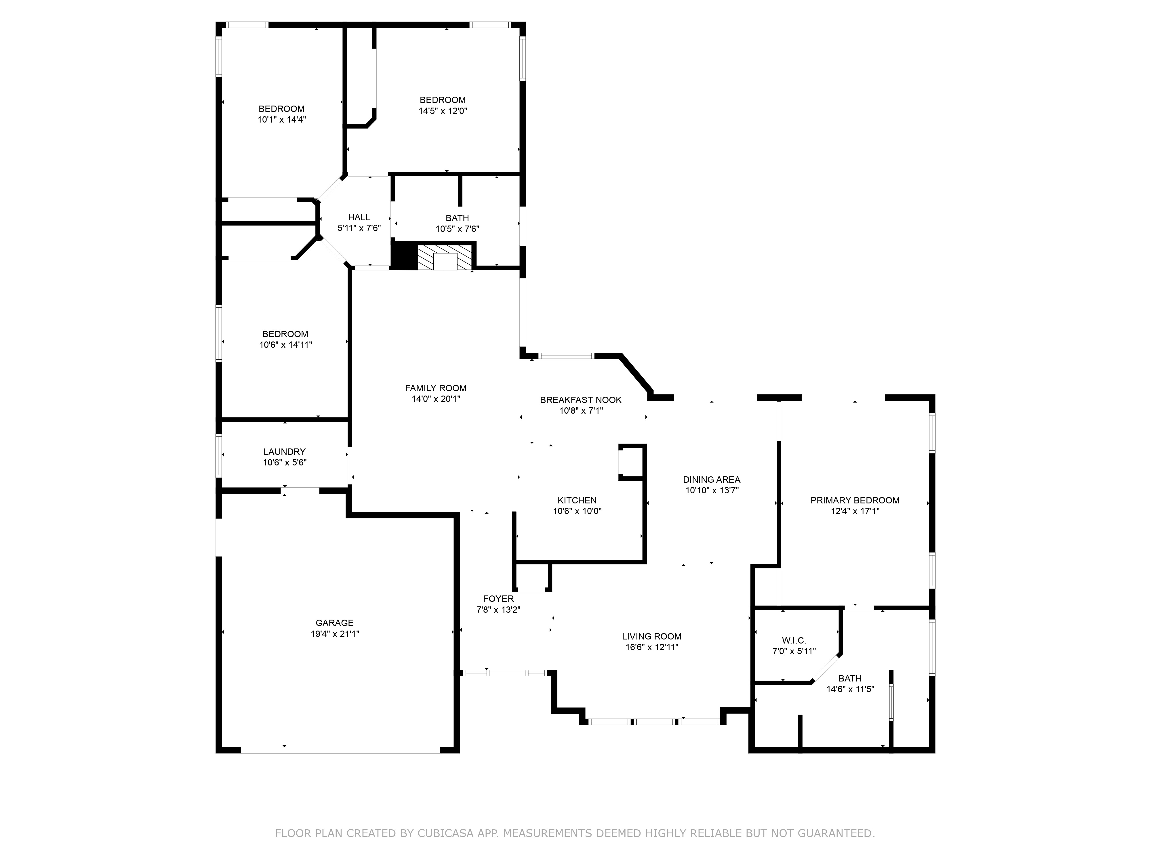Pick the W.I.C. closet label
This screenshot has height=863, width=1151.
[x=794, y=640]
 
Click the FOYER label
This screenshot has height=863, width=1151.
[x=498, y=599]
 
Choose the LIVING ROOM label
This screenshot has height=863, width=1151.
[x=651, y=636]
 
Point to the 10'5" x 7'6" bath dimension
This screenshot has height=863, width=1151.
[x=458, y=228]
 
